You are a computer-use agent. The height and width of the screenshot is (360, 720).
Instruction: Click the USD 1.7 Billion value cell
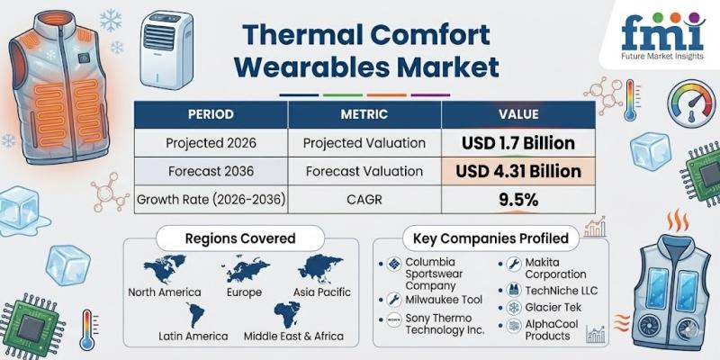click(518, 143)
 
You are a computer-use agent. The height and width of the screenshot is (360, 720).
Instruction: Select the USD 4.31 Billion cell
click(518, 171)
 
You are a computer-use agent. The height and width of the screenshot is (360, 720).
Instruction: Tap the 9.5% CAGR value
click(518, 200)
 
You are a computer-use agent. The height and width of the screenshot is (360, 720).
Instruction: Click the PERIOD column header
click(211, 114)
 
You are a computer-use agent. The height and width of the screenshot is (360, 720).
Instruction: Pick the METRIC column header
click(364, 114)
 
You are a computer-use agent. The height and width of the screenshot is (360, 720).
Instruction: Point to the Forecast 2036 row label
click(211, 171)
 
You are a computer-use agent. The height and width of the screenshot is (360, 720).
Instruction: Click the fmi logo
click(662, 36)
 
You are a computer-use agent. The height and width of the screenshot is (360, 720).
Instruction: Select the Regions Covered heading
click(240, 238)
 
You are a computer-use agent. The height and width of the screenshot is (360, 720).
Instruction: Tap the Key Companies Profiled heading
click(490, 238)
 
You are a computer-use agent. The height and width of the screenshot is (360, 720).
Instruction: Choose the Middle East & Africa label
click(293, 336)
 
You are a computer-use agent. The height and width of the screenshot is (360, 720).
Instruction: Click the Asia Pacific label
click(322, 292)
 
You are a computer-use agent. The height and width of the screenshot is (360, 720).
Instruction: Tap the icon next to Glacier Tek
click(512, 307)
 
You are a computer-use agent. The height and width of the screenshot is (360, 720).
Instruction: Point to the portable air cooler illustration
click(166, 49)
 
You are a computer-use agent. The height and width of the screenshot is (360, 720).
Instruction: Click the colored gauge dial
click(691, 103)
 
